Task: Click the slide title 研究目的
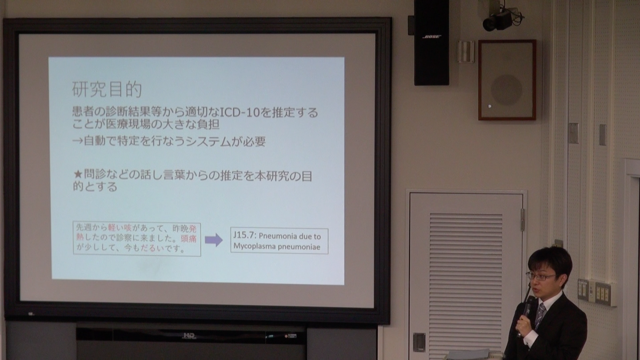107,89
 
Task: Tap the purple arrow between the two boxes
214,240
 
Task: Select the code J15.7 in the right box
244,235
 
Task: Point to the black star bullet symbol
78,175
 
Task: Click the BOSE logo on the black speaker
432,37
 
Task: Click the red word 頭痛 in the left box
189,239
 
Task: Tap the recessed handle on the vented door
419,342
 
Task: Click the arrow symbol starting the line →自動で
77,141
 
